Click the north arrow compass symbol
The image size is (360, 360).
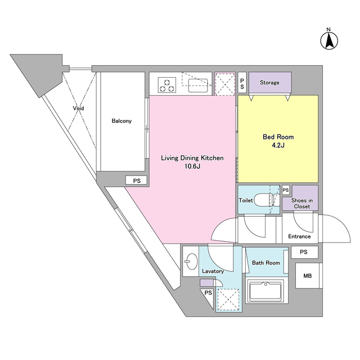[x=329, y=41]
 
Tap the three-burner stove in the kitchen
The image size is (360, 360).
[x=167, y=85]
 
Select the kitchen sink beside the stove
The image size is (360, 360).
[x=198, y=85]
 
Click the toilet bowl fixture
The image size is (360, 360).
[x=268, y=200]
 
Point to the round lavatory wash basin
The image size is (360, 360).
[x=191, y=261]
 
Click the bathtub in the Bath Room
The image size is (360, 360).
[x=265, y=291]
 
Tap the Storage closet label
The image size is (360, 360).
[x=269, y=83]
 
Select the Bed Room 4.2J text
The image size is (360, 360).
[x=278, y=141]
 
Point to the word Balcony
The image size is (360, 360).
[x=121, y=121]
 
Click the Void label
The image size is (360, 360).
[x=79, y=108]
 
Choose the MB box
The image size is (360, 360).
[x=308, y=276]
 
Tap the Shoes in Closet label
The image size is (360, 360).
[x=302, y=204]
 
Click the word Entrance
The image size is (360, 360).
[x=299, y=236]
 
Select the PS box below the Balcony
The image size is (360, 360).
[x=136, y=181]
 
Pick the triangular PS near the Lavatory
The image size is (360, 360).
[x=208, y=295]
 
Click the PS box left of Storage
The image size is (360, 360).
[x=242, y=83]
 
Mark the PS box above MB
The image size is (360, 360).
[x=305, y=252]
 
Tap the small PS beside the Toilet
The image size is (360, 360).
[x=286, y=190]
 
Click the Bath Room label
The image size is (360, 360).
[x=266, y=263]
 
